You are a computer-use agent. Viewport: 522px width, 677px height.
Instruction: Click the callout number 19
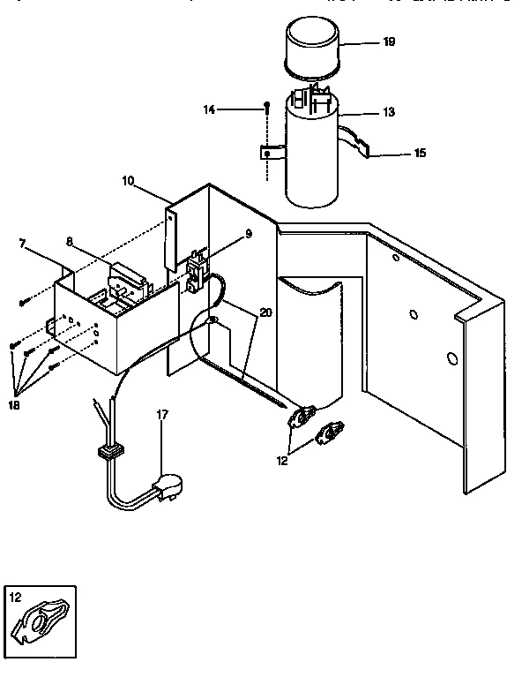tap(390, 41)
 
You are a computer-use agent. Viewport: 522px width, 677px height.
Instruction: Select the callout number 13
tap(390, 112)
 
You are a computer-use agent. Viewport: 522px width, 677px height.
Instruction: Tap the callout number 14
tap(209, 109)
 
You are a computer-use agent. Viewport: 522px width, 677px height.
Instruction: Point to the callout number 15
tap(419, 153)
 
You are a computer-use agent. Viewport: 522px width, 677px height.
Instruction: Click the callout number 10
tap(129, 180)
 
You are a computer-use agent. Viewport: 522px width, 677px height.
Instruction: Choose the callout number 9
tap(249, 234)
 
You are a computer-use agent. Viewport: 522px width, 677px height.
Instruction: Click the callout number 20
tap(266, 312)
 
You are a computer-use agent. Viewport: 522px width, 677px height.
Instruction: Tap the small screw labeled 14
tap(265, 108)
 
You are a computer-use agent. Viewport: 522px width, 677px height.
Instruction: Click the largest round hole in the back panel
tap(451, 358)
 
